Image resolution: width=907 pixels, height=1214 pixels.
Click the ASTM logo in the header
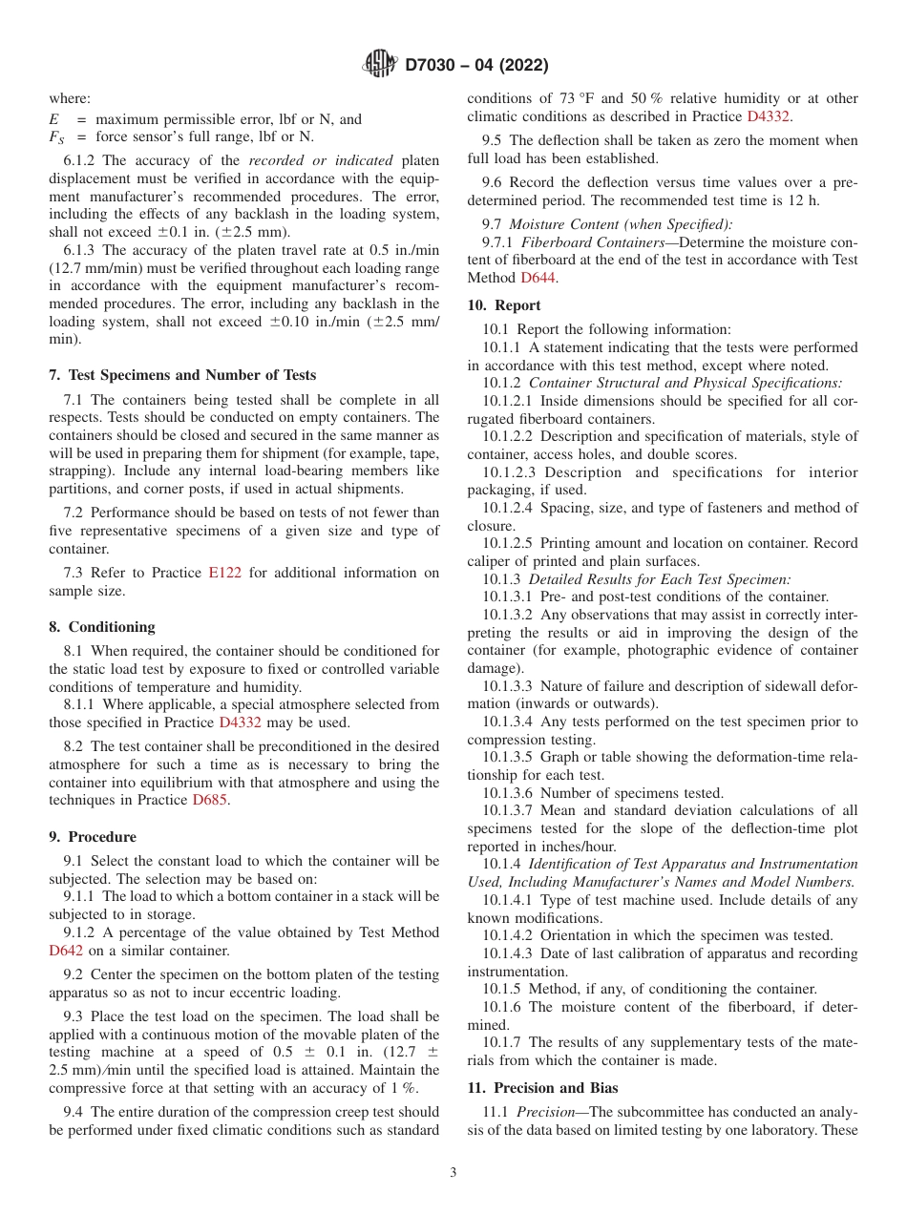[x=380, y=65]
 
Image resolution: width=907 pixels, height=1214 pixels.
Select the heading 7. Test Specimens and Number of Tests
[x=182, y=375]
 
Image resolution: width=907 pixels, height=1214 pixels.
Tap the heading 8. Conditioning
[x=102, y=627]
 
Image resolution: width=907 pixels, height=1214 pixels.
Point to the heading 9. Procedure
[x=93, y=837]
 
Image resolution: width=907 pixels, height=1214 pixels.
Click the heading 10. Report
[x=504, y=305]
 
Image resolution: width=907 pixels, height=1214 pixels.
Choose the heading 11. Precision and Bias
[x=542, y=1088]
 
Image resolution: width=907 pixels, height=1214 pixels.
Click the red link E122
[x=224, y=573]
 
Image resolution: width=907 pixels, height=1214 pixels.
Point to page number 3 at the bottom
[x=453, y=1173]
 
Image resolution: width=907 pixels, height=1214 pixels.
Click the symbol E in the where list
[x=53, y=119]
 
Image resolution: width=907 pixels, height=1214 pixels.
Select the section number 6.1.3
[x=81, y=250]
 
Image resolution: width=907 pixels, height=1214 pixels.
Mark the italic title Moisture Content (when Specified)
[x=621, y=224]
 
